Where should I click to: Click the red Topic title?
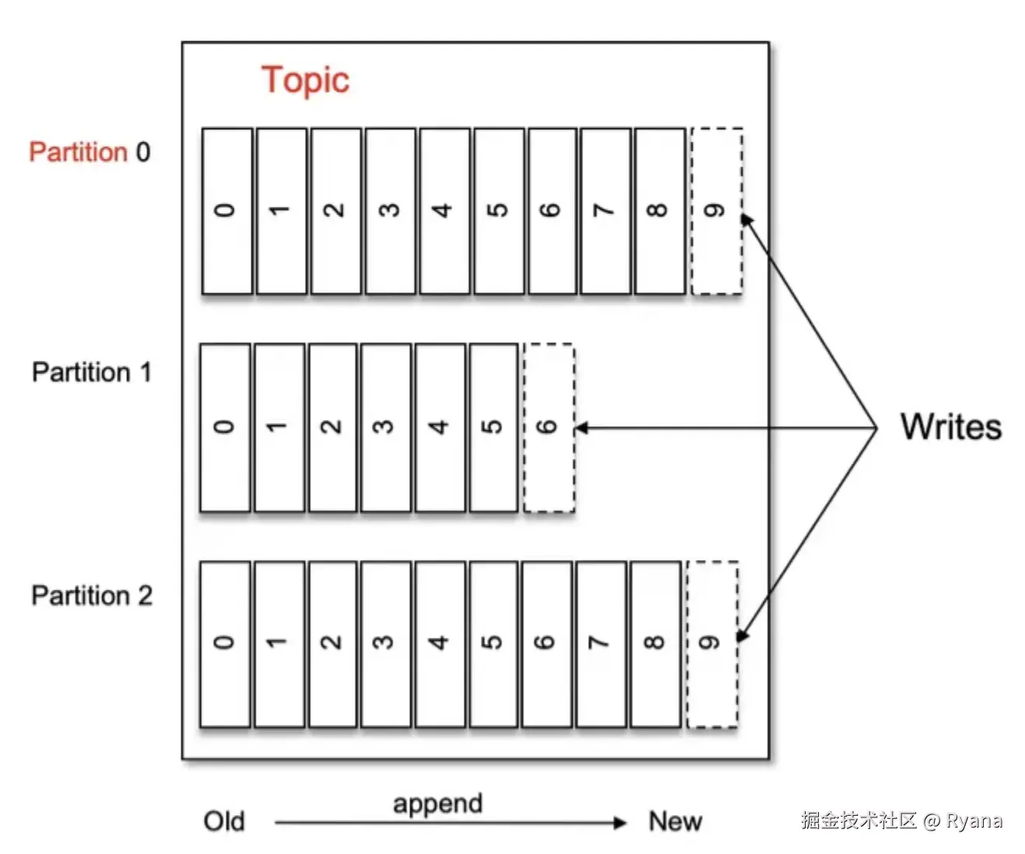[305, 80]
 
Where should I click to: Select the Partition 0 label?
[89, 152]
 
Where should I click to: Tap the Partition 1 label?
[91, 372]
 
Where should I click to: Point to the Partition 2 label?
[91, 595]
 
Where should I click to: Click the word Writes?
[950, 427]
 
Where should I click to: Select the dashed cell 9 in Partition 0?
[716, 211]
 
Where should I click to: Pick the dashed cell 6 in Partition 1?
[549, 427]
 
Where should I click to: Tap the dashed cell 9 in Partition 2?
[712, 643]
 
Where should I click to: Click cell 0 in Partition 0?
[226, 211]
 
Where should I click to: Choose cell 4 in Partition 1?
[440, 427]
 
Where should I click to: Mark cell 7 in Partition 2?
[600, 643]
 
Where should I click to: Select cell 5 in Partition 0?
[499, 211]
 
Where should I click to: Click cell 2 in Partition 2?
[333, 643]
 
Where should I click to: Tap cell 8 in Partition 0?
[659, 211]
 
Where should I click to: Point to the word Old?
[224, 821]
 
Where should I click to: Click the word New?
[675, 821]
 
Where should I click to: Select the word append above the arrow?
[437, 803]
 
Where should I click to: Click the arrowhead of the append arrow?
[620, 823]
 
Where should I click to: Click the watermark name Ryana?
[974, 821]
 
